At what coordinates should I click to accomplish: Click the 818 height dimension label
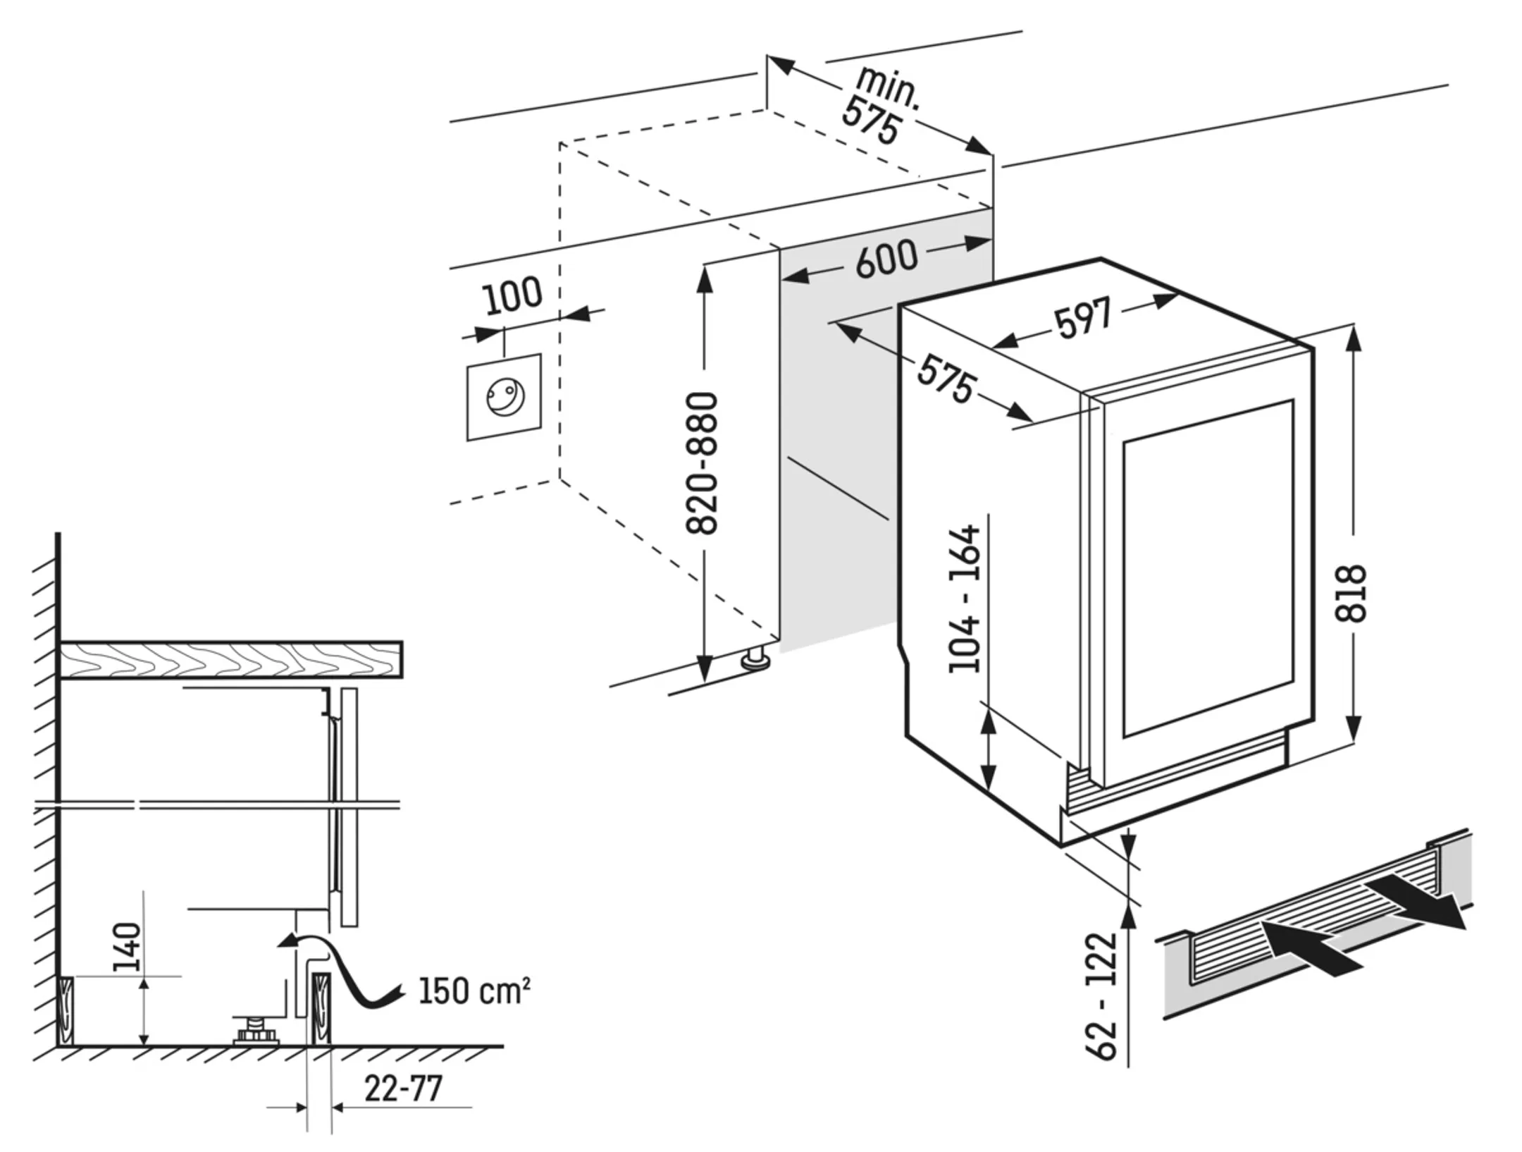click(x=1350, y=593)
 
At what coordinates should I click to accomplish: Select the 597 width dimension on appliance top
click(x=1083, y=317)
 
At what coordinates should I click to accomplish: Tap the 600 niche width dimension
click(x=886, y=259)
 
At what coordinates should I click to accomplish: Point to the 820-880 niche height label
click(x=702, y=463)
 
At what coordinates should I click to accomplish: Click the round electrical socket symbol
click(x=505, y=396)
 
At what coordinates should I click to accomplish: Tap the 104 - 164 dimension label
click(x=965, y=598)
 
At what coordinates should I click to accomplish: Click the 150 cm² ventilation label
click(x=474, y=991)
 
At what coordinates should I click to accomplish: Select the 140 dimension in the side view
click(x=128, y=946)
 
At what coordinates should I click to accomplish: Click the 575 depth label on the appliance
click(x=946, y=379)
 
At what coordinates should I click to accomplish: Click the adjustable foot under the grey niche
click(x=755, y=660)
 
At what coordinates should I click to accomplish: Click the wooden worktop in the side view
click(x=231, y=659)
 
